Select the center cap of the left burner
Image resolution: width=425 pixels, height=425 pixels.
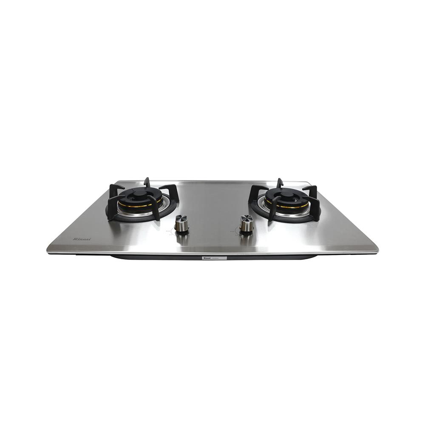click(x=140, y=193)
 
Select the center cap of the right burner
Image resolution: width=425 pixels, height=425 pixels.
click(x=287, y=194)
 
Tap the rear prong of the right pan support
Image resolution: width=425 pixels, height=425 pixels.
click(x=280, y=183)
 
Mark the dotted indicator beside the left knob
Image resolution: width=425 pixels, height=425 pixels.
click(x=170, y=232)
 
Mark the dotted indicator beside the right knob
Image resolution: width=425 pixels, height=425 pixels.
click(x=234, y=232)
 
